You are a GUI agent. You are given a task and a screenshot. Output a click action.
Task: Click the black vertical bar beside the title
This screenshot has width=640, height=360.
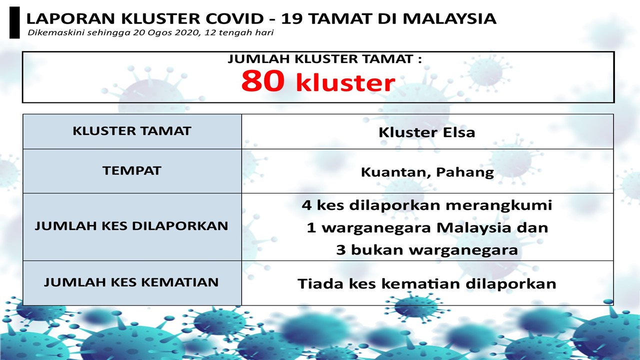tap(14, 22)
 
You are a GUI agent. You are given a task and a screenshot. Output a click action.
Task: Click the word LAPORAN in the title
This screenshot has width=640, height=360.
tap(71, 18)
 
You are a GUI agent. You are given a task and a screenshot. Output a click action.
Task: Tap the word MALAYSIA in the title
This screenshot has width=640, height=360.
tap(449, 18)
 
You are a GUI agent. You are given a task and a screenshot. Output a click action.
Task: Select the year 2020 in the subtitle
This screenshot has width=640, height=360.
tap(186, 32)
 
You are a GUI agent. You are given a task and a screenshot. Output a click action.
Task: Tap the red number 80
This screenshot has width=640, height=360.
tap(263, 81)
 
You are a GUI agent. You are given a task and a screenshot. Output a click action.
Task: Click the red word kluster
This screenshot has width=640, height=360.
tap(345, 82)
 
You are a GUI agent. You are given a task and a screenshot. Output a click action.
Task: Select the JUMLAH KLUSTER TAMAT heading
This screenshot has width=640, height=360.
tap(324, 59)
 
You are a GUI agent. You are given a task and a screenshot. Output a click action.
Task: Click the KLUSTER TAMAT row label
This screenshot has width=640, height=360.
tap(132, 131)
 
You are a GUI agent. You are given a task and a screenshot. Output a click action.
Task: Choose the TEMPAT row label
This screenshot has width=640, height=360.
tap(132, 171)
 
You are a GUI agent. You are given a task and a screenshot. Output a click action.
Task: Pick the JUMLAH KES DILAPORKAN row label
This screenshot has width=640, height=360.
tap(131, 226)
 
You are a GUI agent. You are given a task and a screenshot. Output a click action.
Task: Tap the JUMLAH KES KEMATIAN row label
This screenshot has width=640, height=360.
tap(131, 282)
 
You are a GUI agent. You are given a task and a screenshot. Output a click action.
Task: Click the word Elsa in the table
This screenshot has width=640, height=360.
tap(459, 132)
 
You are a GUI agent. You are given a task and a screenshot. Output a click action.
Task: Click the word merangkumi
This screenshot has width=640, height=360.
tap(499, 205)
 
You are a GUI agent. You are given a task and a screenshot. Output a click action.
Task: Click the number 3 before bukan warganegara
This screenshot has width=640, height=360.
tap(341, 250)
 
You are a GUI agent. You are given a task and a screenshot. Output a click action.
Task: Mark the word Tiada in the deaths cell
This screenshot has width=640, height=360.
tap(320, 283)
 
